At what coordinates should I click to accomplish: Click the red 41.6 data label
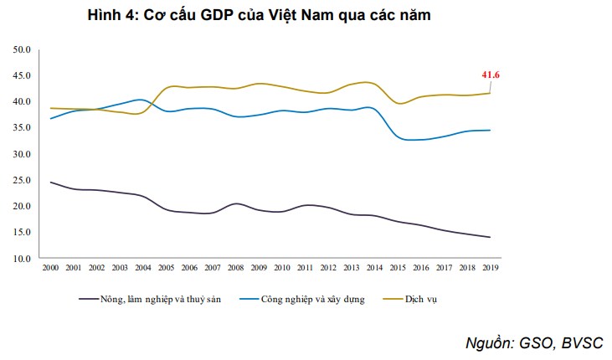click(x=491, y=75)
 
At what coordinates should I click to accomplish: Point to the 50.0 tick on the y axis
click(x=22, y=50)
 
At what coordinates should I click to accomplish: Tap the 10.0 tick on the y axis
click(x=22, y=259)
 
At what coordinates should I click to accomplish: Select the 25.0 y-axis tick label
click(x=22, y=180)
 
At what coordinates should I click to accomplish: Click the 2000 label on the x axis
click(x=51, y=267)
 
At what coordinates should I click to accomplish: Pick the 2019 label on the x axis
click(x=490, y=267)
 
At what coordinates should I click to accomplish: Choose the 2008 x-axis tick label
click(x=236, y=267)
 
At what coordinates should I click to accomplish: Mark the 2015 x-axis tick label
click(x=398, y=267)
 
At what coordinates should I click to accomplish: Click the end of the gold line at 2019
click(x=490, y=93)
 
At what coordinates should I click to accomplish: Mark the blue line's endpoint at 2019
click(x=490, y=130)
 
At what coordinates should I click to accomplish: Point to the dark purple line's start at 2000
click(x=51, y=182)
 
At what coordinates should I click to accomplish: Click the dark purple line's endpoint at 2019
click(x=490, y=237)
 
